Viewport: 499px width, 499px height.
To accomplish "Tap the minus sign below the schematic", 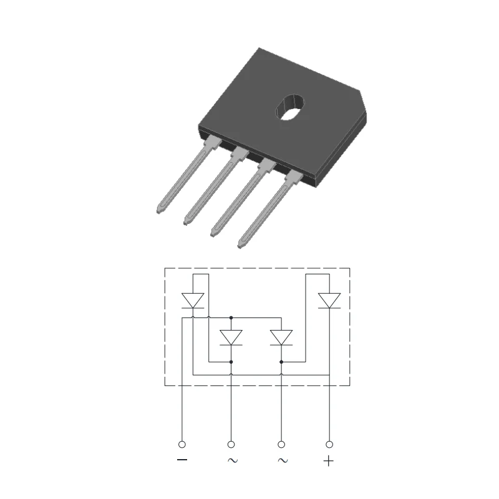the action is pyautogui.click(x=182, y=461).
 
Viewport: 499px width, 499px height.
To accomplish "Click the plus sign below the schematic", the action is pyautogui.click(x=329, y=462).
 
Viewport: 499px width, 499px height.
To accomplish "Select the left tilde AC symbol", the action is pyautogui.click(x=231, y=461).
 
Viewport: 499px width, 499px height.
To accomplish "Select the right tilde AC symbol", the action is pyautogui.click(x=282, y=461).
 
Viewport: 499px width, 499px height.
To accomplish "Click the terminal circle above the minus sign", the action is pyautogui.click(x=182, y=444).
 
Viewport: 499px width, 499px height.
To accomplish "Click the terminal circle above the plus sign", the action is pyautogui.click(x=329, y=444).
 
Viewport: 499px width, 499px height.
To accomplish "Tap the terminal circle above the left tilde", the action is pyautogui.click(x=231, y=444).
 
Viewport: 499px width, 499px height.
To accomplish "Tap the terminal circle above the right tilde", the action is pyautogui.click(x=281, y=444).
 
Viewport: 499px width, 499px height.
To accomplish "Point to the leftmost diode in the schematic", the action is pyautogui.click(x=193, y=300).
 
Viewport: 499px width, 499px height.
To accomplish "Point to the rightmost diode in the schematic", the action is pyautogui.click(x=329, y=300).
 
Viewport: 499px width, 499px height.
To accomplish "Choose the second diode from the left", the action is pyautogui.click(x=231, y=337).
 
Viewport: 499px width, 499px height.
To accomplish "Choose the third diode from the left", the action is pyautogui.click(x=281, y=337).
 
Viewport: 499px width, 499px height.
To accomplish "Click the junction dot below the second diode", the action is pyautogui.click(x=231, y=361).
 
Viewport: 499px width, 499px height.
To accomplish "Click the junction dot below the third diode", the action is pyautogui.click(x=281, y=361).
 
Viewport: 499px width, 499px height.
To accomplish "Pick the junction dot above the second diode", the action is pyautogui.click(x=231, y=317).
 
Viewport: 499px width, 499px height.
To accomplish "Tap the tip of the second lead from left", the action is pyautogui.click(x=187, y=222).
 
